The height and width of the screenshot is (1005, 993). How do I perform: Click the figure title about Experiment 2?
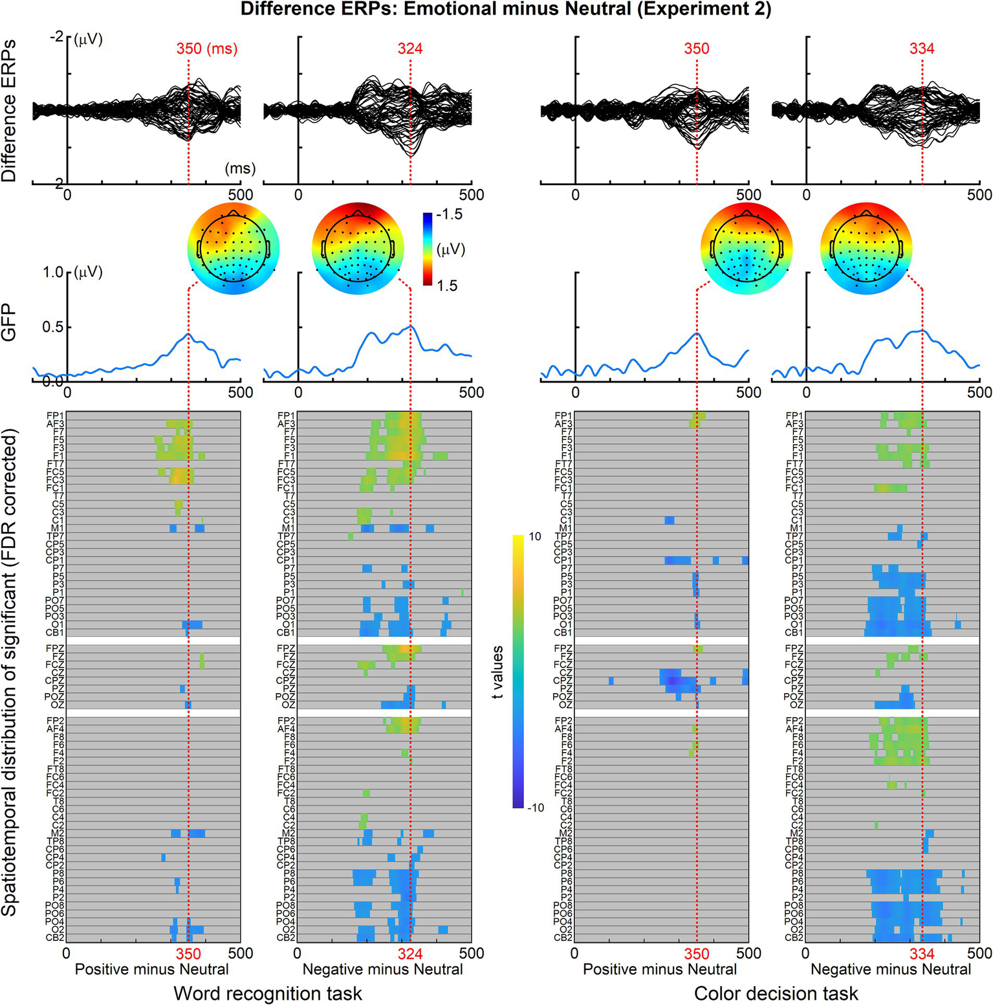pos(506,10)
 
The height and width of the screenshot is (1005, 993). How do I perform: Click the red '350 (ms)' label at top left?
pos(207,49)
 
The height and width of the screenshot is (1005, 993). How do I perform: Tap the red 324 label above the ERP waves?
pos(410,49)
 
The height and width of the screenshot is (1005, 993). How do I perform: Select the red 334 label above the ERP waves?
pos(921,49)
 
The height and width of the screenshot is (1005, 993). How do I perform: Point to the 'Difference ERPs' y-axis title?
pos(10,110)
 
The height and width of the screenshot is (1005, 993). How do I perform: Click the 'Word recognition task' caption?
pos(268,993)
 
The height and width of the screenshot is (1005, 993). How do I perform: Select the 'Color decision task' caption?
pos(776,993)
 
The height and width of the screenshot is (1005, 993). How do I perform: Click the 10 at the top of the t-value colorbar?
pos(535,537)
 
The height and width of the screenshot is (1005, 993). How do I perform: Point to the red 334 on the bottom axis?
pos(921,954)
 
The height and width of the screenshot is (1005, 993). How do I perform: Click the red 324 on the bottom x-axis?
pos(410,954)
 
